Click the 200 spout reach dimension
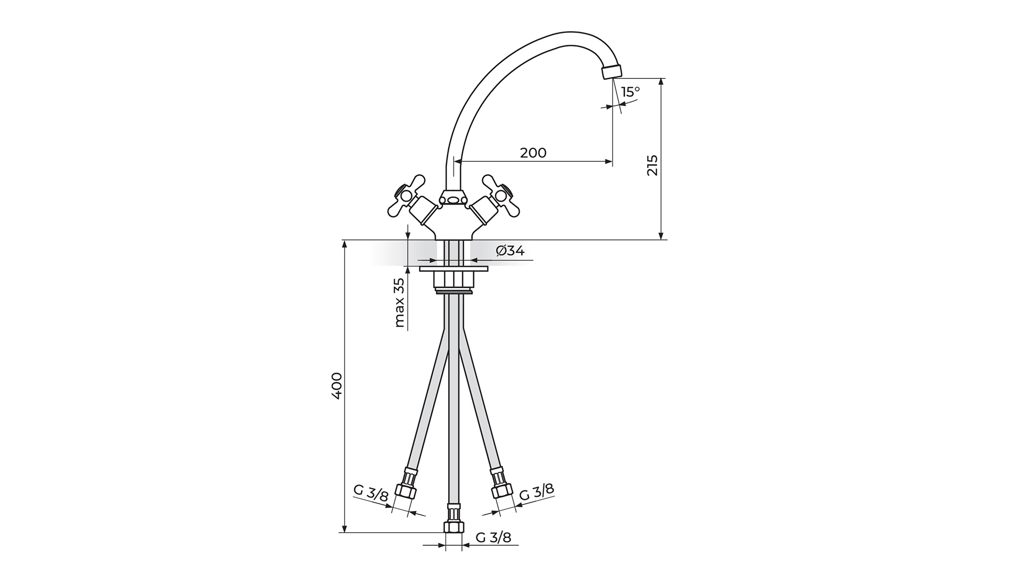click(533, 153)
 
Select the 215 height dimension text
click(652, 165)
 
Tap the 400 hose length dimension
click(337, 386)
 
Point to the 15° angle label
click(630, 92)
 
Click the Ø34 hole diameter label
click(510, 250)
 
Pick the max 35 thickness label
click(399, 303)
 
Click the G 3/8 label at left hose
click(371, 494)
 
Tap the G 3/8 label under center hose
click(493, 537)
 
